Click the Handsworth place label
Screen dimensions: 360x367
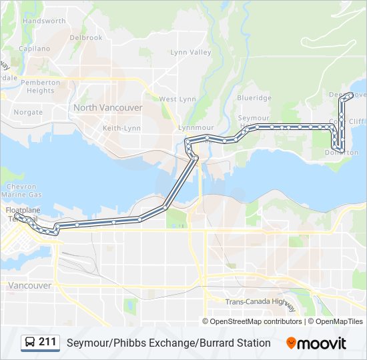[x=44, y=21]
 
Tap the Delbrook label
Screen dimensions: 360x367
[x=86, y=38]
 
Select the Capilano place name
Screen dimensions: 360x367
[x=35, y=49]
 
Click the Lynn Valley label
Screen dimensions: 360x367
[x=190, y=52]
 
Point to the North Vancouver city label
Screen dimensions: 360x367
[x=108, y=107]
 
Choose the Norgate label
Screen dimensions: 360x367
[x=28, y=113]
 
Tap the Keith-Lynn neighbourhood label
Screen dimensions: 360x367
[x=120, y=127]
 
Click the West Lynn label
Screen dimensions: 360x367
[x=177, y=99]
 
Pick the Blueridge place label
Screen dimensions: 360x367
[x=254, y=98]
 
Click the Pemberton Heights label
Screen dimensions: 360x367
[x=41, y=87]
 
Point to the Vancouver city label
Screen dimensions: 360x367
[x=30, y=285]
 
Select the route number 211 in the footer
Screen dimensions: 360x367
[x=47, y=342]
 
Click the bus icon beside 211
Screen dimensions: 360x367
[x=30, y=343]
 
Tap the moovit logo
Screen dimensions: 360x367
[x=316, y=343]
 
